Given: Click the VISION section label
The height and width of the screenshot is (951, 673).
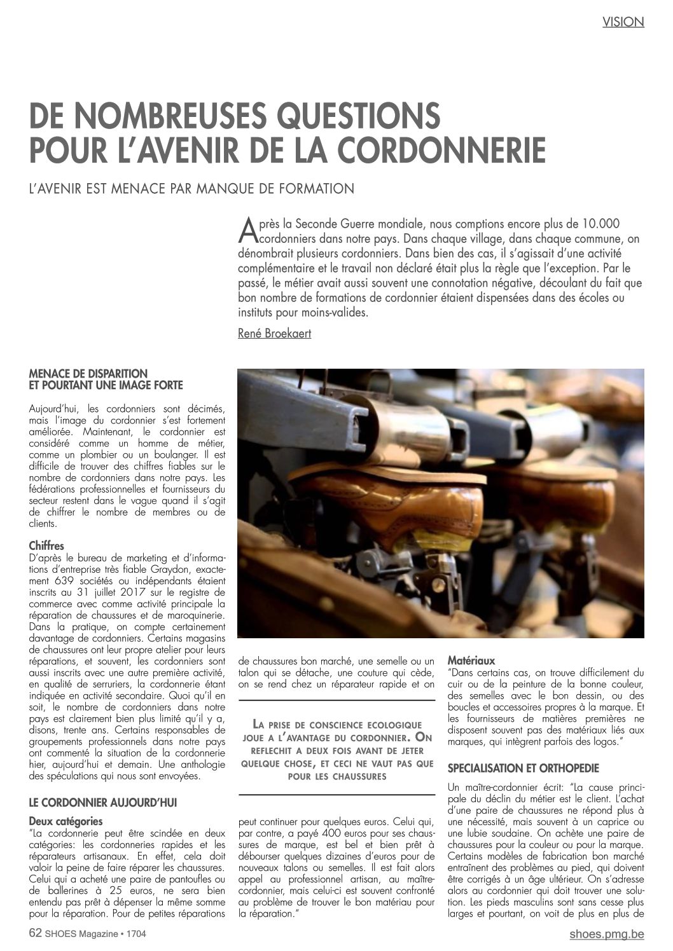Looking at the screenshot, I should [x=623, y=22].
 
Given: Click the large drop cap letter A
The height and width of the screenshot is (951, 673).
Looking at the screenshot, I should [x=246, y=231].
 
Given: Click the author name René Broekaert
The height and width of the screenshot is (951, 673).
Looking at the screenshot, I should [x=274, y=332].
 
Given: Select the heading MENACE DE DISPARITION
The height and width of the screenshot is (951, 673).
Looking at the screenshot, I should [x=88, y=374].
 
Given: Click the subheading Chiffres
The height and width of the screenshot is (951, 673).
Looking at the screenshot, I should [x=46, y=545].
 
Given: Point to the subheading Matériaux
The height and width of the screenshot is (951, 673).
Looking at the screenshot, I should [x=471, y=660].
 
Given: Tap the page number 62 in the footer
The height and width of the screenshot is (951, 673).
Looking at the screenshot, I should [x=36, y=933].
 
